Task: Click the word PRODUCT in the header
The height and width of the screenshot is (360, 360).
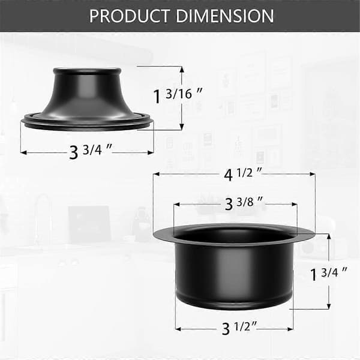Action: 130,16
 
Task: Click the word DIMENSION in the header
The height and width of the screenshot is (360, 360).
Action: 225,16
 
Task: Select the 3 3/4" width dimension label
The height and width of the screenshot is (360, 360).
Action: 90,151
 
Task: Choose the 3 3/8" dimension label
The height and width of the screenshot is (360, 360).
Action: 244,203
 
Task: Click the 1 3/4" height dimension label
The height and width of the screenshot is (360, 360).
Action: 329,274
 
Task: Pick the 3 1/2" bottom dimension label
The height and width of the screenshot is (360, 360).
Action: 239,328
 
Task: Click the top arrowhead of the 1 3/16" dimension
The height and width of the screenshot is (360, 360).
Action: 182,70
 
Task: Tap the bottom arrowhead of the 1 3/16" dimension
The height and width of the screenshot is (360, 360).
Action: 182,127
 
